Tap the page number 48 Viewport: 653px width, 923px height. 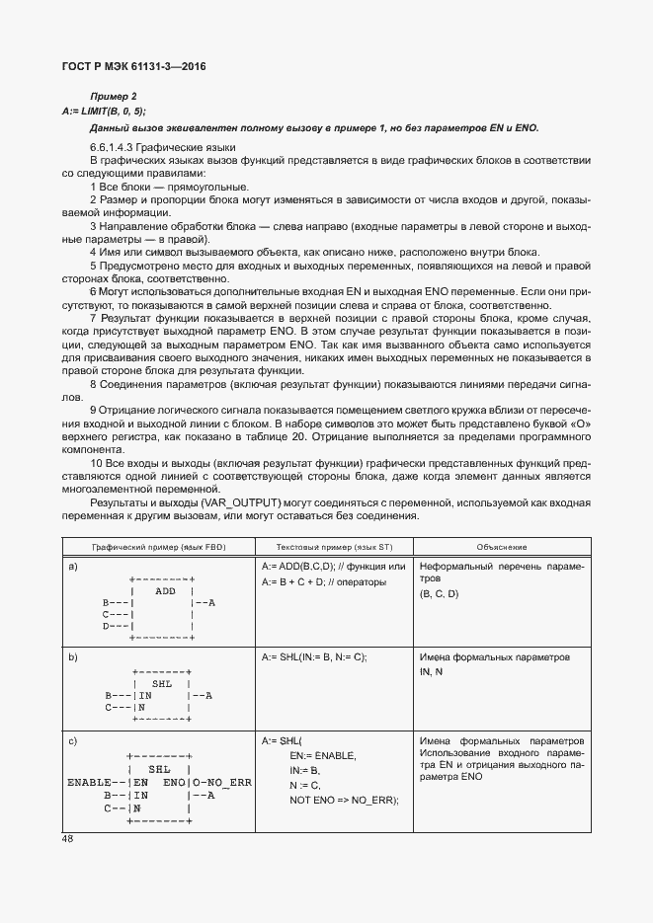(68, 839)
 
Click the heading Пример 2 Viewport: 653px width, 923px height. (114, 96)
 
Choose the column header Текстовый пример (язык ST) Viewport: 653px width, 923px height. (332, 547)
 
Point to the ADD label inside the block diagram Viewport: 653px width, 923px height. (165, 590)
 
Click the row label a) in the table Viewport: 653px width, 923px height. (73, 567)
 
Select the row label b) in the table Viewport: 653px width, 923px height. (73, 656)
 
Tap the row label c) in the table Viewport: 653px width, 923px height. (73, 740)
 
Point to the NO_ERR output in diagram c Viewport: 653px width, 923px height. (227, 782)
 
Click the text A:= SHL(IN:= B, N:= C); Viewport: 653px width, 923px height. (314, 656)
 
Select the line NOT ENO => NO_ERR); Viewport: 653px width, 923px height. (344, 800)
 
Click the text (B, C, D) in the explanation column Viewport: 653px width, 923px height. (440, 594)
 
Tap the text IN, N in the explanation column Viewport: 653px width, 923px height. (431, 671)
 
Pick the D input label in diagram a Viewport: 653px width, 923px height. (107, 626)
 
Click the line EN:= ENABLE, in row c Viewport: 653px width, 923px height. (323, 755)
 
